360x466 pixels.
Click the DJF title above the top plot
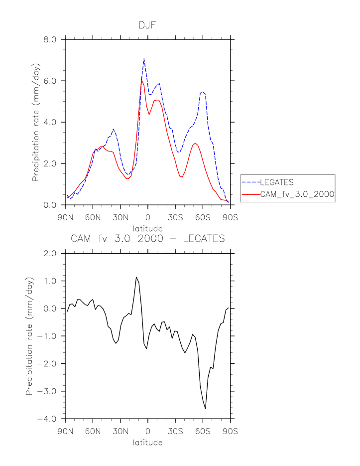[x=147, y=25]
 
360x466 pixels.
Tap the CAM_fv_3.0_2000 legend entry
[x=297, y=194]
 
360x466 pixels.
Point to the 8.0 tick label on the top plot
[x=52, y=39]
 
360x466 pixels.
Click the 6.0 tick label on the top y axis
[x=52, y=81]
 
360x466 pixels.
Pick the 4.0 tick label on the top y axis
[x=52, y=122]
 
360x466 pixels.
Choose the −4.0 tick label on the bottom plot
[x=49, y=419]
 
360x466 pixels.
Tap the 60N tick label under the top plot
[x=93, y=218]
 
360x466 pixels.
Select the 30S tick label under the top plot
[x=175, y=218]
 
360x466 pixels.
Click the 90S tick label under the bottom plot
[x=231, y=432]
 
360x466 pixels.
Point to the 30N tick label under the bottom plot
[x=120, y=432]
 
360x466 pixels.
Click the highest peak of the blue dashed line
[x=144, y=59]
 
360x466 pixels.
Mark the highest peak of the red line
[x=141, y=80]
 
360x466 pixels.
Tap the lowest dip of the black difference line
[x=205, y=409]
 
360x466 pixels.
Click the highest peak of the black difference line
[x=136, y=277]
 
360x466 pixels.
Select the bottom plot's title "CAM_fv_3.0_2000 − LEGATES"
[x=147, y=239]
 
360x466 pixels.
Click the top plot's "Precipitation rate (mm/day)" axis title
[x=36, y=122]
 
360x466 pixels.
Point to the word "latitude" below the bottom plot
[x=147, y=442]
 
